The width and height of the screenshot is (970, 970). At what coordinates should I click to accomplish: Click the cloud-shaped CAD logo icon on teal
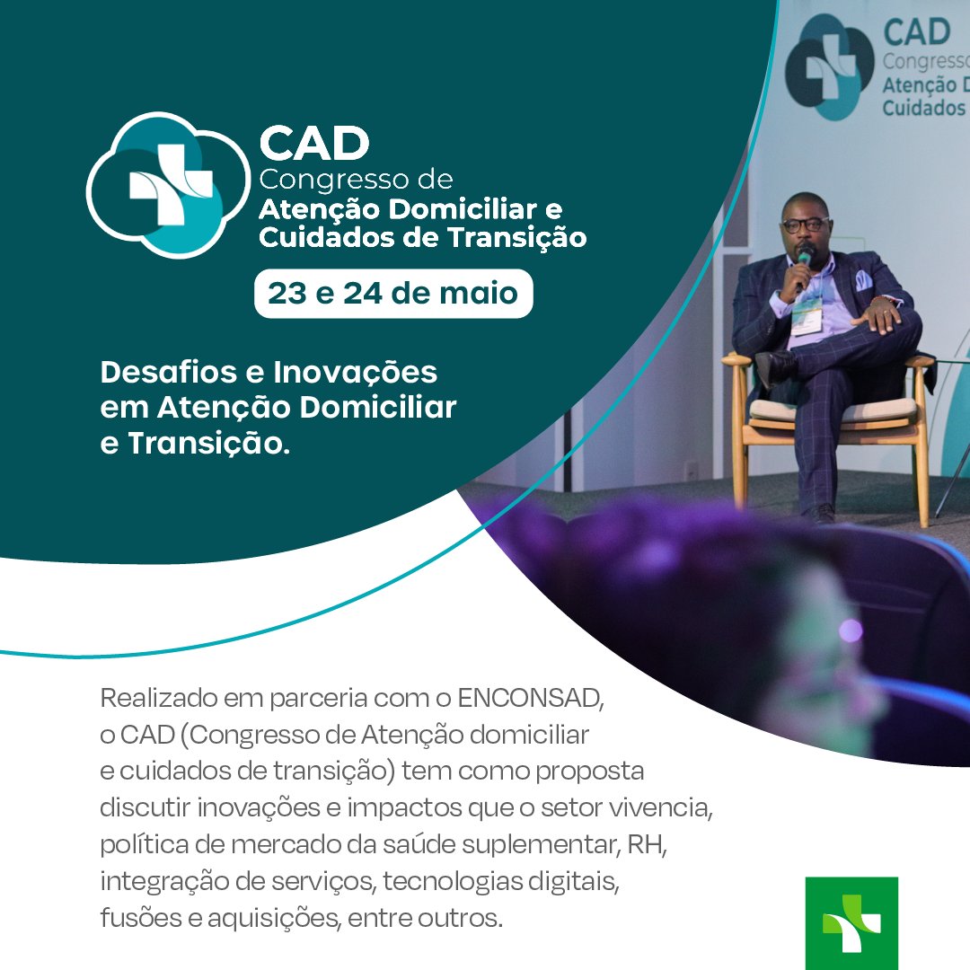(x=168, y=184)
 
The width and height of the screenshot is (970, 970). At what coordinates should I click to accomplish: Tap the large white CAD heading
(x=314, y=143)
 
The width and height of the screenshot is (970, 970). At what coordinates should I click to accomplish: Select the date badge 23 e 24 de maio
(x=393, y=293)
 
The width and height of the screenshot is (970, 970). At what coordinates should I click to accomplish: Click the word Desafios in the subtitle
(x=168, y=373)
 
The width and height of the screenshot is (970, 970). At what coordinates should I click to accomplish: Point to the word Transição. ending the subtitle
(x=209, y=444)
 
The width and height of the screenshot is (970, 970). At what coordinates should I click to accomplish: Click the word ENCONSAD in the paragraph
(x=530, y=699)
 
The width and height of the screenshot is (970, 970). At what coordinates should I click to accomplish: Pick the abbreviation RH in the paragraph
(x=647, y=843)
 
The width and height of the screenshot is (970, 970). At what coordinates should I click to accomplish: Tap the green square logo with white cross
(x=851, y=923)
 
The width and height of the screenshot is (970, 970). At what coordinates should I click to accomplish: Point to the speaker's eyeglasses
(x=805, y=225)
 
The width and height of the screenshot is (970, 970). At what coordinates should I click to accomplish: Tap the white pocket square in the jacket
(x=862, y=280)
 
